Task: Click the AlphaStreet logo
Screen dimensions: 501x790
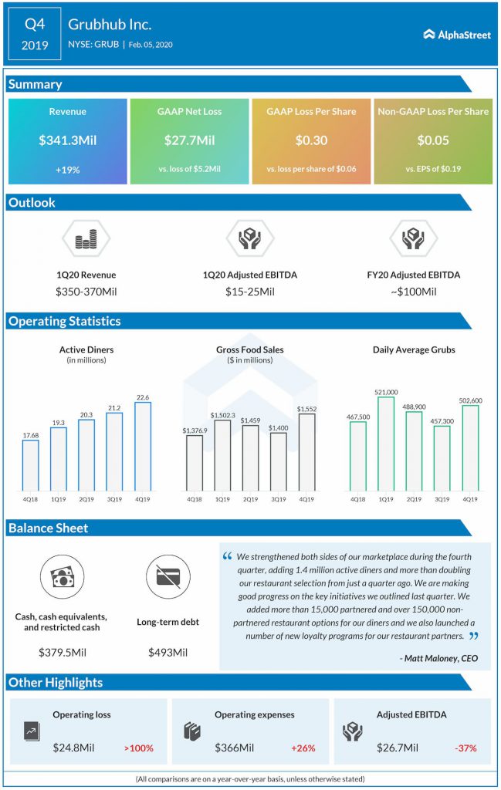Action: [x=457, y=35]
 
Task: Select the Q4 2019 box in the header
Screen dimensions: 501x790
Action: [x=35, y=34]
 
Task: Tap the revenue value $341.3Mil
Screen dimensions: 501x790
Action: [x=67, y=140]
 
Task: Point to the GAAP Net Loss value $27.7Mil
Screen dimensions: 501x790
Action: [x=189, y=140]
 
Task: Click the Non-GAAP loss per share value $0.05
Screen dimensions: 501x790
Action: [x=433, y=140]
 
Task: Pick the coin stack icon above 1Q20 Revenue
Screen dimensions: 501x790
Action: [x=86, y=238]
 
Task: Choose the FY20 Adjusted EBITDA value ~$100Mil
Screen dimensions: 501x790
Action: [x=413, y=292]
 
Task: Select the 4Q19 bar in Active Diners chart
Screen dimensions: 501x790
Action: [x=143, y=447]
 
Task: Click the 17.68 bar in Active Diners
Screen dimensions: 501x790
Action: [x=30, y=465]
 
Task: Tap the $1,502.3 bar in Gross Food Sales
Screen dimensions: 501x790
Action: [x=222, y=455]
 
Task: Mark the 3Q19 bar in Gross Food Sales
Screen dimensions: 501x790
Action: [x=278, y=461]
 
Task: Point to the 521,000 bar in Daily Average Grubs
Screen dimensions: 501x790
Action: [x=386, y=444]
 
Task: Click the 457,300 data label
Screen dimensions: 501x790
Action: [x=442, y=420]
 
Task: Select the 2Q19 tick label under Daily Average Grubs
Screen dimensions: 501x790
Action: [x=414, y=499]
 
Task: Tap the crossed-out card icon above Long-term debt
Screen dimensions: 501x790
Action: [x=168, y=577]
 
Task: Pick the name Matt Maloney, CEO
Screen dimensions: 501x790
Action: [x=438, y=658]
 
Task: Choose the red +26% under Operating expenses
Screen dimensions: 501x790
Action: [x=303, y=748]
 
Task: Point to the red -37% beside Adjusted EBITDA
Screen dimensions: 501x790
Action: [x=465, y=748]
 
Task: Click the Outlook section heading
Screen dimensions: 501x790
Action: [x=32, y=203]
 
